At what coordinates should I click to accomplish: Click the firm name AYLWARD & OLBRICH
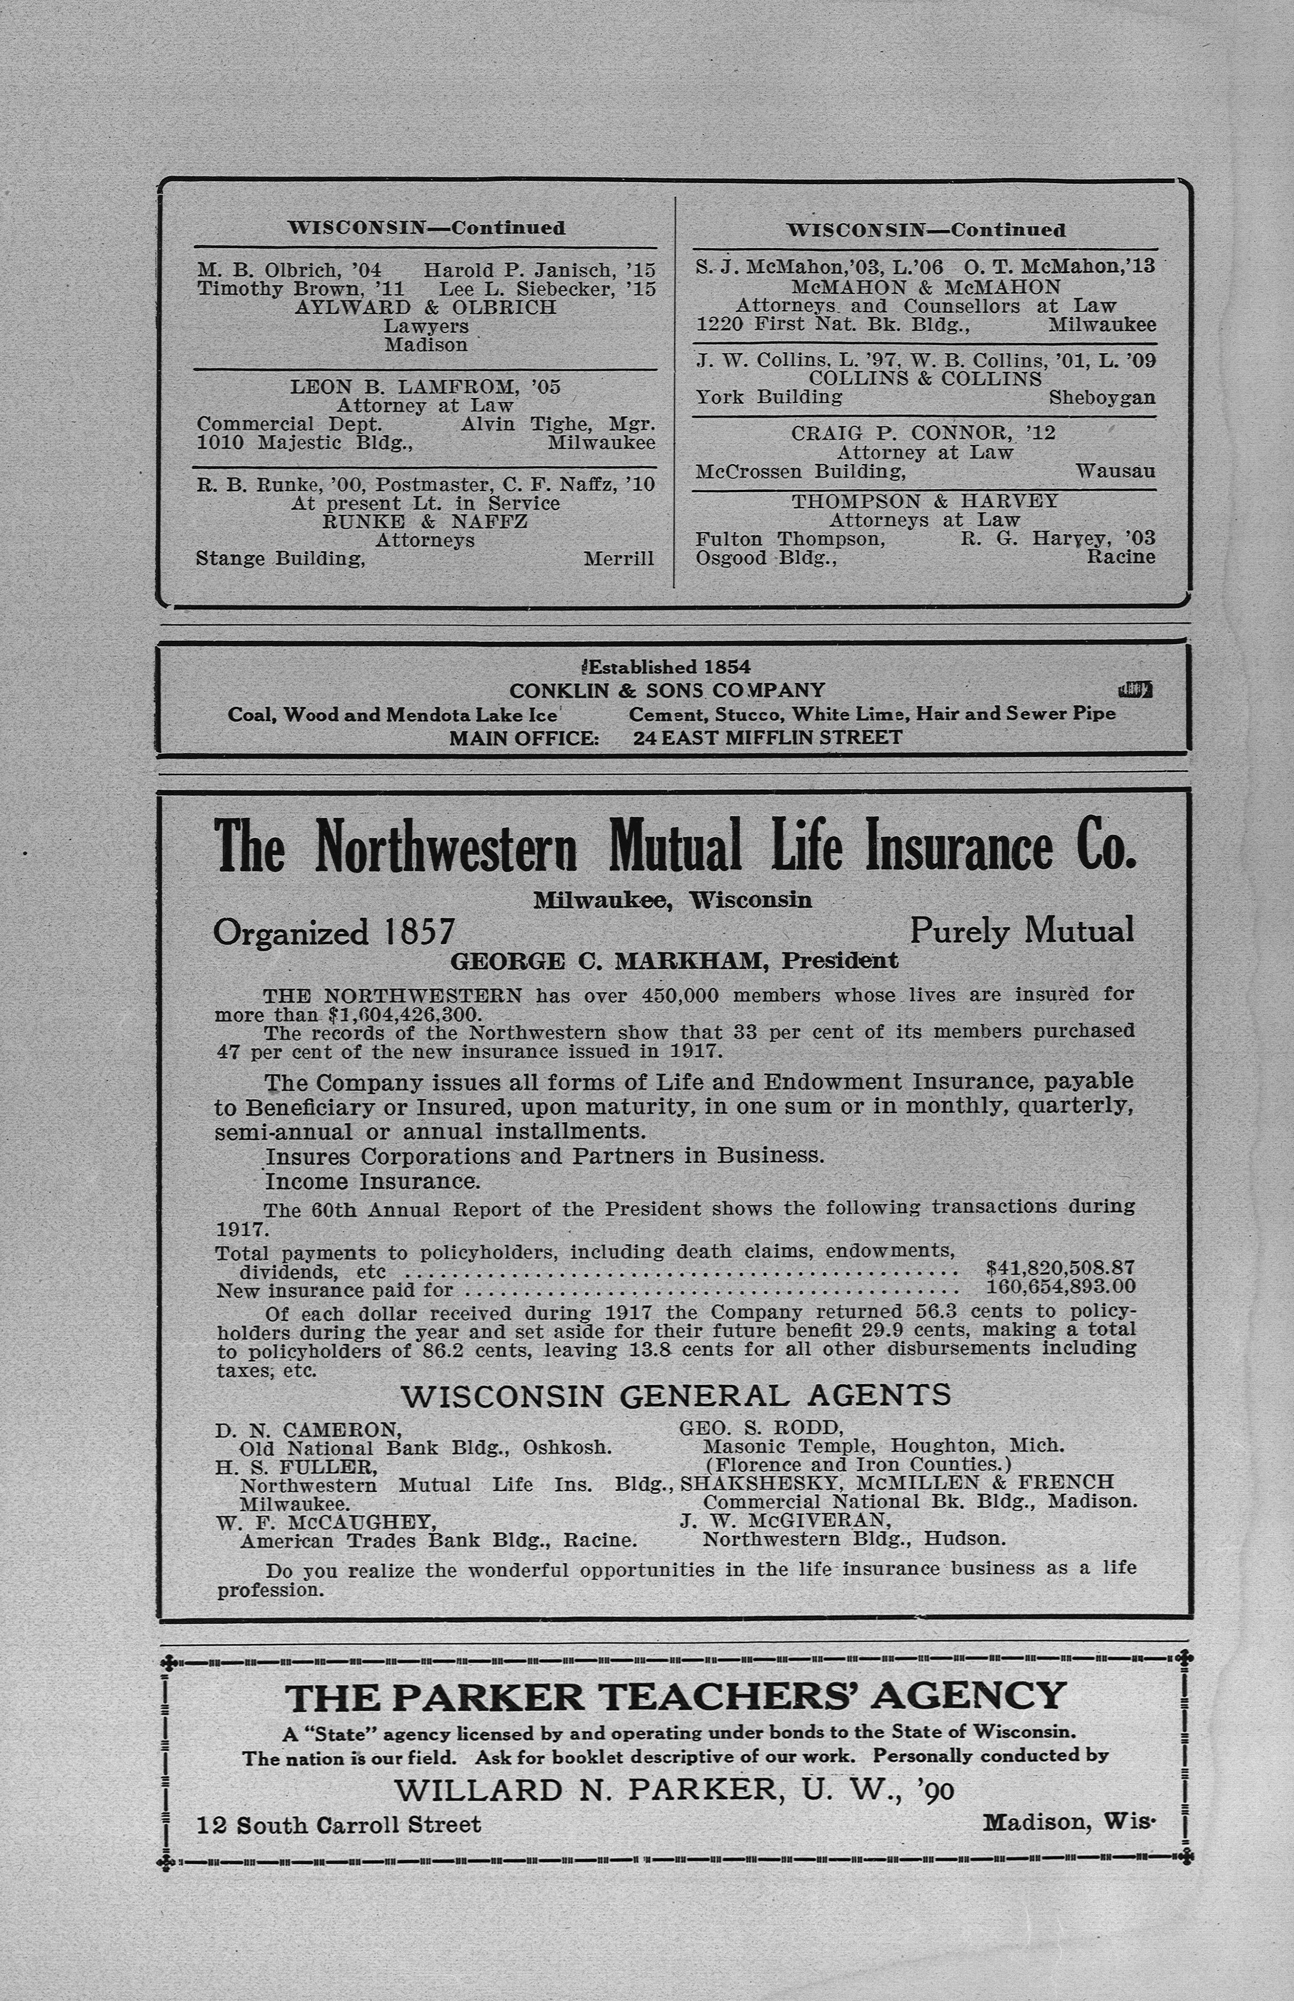425,307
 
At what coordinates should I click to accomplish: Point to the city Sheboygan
1101,398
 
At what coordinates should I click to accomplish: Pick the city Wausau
1115,472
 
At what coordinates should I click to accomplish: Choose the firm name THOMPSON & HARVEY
924,501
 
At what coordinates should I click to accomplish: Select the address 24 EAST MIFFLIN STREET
767,738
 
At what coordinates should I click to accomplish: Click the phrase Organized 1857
333,932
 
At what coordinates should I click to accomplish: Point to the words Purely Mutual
1022,930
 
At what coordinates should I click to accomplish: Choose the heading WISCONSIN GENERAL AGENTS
676,1396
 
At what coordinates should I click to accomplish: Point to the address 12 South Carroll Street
339,1824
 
